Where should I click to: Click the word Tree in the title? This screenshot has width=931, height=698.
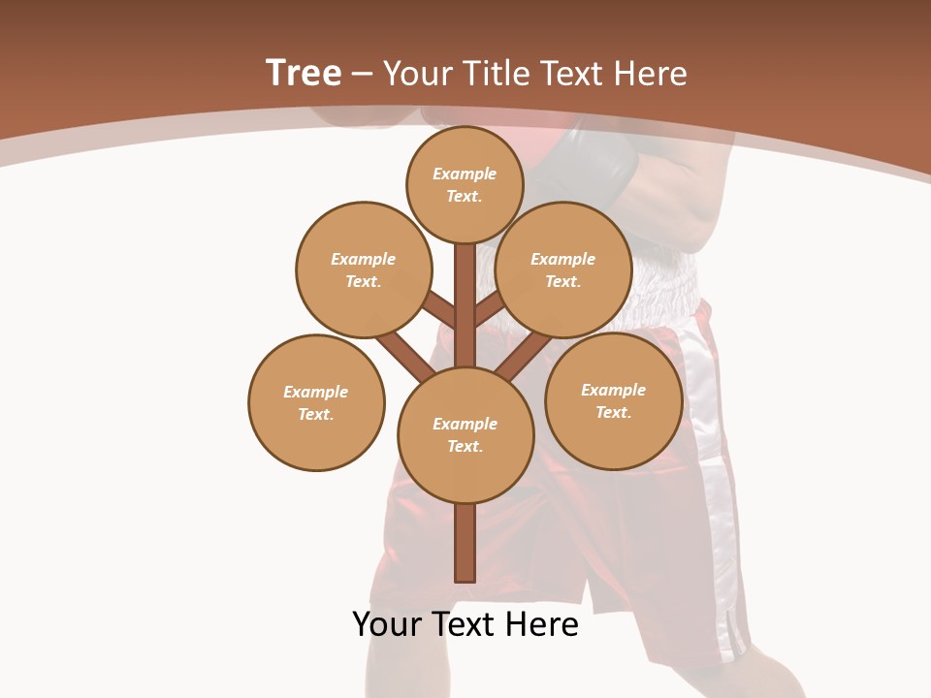tap(304, 73)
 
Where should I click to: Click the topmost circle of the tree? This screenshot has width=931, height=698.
tap(465, 184)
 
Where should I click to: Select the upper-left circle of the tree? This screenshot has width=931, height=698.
tap(363, 270)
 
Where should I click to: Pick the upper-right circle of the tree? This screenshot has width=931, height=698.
tap(562, 270)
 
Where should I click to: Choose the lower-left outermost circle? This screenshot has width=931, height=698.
tap(316, 402)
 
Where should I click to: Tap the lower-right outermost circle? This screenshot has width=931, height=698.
tap(613, 400)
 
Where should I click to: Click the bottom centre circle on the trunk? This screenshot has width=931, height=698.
tap(465, 434)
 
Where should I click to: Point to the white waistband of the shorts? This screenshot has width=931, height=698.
tap(669, 281)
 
